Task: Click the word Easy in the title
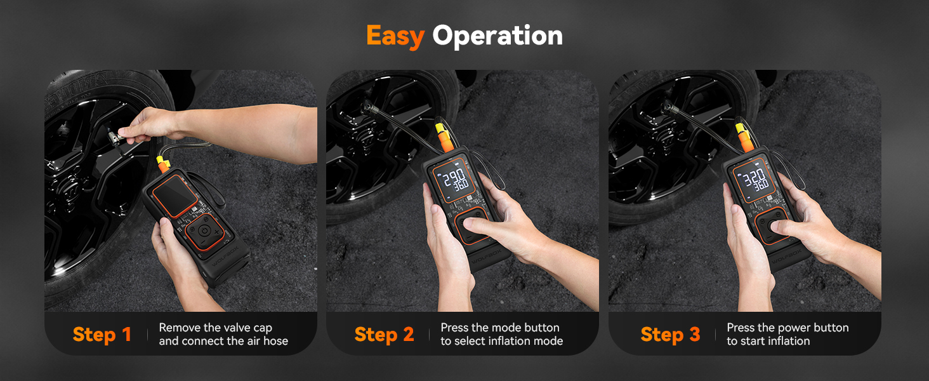click(395, 36)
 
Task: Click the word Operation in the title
click(497, 36)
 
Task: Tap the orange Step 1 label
click(102, 335)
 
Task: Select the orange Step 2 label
click(384, 335)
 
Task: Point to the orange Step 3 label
click(670, 335)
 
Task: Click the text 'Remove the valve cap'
click(215, 328)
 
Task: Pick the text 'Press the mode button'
click(500, 328)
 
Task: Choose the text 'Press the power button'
click(787, 328)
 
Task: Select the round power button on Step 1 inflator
click(202, 231)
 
